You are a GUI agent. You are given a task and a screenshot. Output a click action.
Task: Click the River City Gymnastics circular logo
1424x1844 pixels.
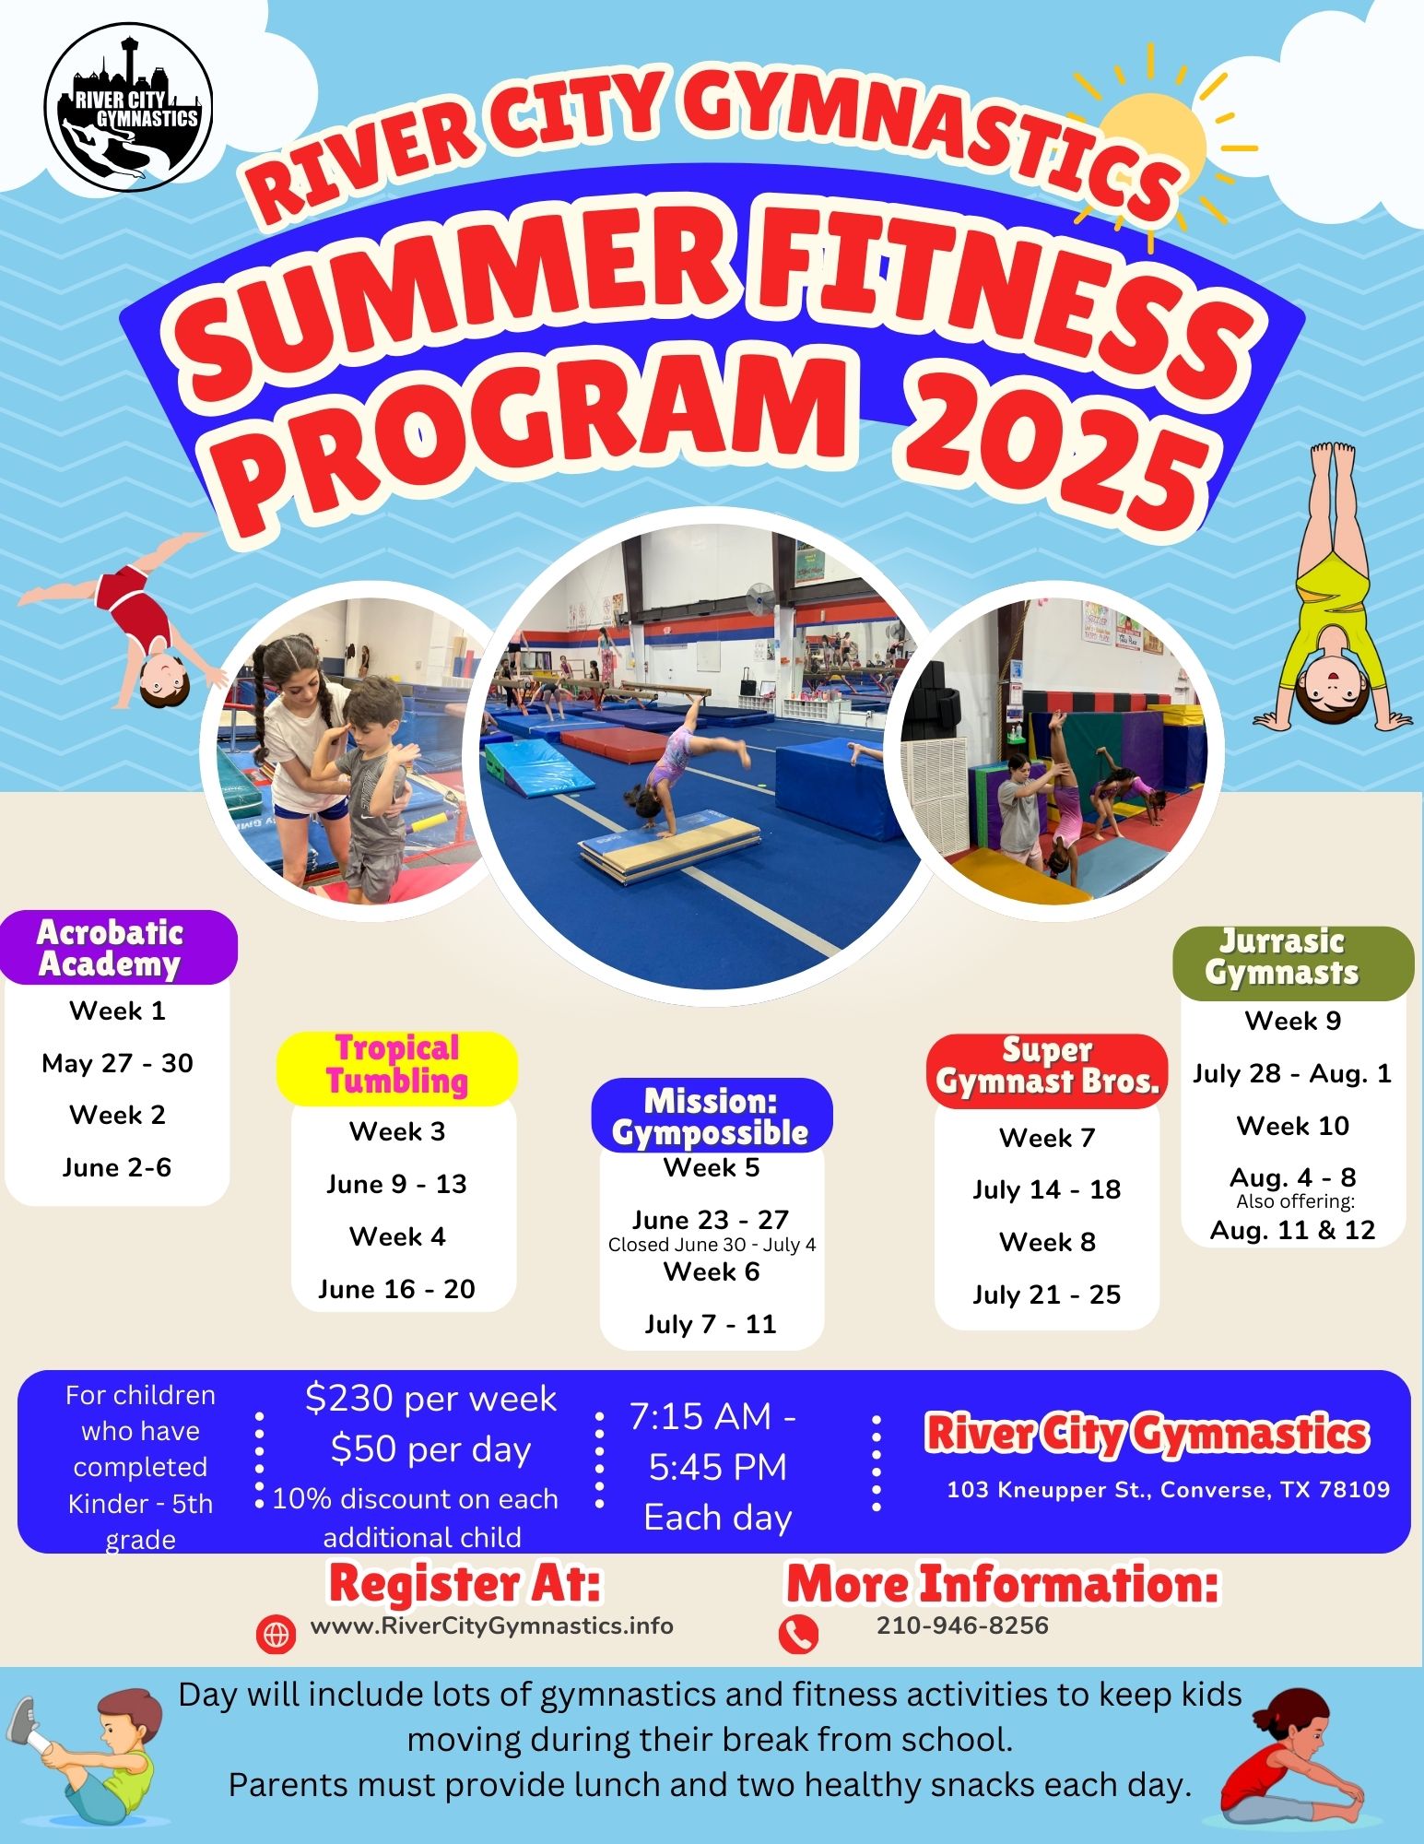point(129,107)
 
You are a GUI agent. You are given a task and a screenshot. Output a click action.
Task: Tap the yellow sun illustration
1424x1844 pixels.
point(1152,148)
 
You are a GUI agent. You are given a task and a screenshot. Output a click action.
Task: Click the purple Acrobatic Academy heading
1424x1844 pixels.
point(119,947)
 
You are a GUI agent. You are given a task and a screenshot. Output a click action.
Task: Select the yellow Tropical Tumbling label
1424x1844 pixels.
point(397,1068)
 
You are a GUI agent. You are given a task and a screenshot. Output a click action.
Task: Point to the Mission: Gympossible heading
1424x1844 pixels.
point(712,1116)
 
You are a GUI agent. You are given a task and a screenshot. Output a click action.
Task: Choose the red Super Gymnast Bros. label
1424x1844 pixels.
point(1047,1070)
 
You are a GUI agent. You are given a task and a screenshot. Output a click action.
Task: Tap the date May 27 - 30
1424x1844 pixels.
point(118,1063)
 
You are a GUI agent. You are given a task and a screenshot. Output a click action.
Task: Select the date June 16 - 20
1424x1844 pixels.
point(397,1289)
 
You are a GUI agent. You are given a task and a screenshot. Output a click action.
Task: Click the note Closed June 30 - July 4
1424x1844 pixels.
point(712,1245)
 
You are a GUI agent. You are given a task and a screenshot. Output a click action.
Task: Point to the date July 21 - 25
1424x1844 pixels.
point(1047,1294)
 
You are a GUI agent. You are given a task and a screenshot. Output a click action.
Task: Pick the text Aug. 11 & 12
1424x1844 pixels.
point(1293,1230)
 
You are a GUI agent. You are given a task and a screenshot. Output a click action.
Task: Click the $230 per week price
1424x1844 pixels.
point(430,1400)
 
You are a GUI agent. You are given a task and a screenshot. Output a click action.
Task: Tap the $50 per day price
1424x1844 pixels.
point(430,1450)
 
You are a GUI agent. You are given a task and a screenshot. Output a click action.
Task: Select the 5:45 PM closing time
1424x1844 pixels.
point(718,1467)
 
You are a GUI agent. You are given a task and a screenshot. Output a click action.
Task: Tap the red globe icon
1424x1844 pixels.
point(277,1635)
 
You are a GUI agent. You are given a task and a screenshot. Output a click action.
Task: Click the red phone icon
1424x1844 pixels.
point(798,1635)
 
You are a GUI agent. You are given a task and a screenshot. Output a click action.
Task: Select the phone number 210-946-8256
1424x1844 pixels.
point(962,1625)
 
